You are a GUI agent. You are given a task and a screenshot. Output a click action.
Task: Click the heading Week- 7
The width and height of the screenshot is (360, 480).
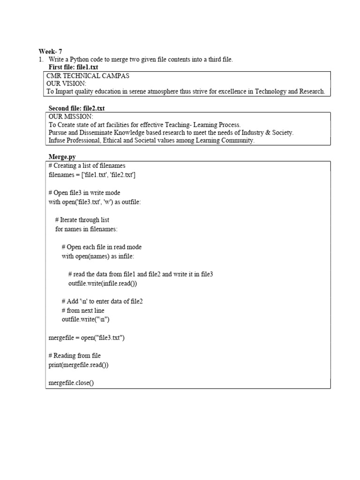(x=50, y=52)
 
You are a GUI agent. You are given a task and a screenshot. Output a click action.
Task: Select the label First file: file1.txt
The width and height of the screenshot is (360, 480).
(x=74, y=67)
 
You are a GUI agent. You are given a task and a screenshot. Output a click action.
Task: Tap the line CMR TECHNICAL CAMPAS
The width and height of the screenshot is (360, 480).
(x=88, y=75)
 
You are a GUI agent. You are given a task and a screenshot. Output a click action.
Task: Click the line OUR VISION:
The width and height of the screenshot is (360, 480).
(x=67, y=83)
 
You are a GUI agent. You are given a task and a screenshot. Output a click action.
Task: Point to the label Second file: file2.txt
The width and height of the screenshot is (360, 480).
(x=77, y=109)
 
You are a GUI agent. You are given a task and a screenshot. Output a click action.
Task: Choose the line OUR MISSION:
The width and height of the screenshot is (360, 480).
(x=71, y=116)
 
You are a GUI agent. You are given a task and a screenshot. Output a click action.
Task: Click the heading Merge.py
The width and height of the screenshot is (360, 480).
(x=62, y=157)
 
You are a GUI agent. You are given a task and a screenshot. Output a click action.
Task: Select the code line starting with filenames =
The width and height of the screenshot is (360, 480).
(x=92, y=175)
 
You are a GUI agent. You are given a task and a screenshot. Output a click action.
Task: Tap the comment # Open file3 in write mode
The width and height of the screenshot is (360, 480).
(x=84, y=193)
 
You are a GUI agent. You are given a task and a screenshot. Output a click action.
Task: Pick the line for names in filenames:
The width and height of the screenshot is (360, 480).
(x=87, y=229)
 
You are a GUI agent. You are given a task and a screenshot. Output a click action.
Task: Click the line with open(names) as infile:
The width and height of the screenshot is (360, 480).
(x=97, y=256)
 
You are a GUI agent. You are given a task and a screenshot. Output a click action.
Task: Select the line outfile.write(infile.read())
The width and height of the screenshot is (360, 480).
(x=103, y=284)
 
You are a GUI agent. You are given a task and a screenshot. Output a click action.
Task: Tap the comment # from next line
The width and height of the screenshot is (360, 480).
(x=83, y=310)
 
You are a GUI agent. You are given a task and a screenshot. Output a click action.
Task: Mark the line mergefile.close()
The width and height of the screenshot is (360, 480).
(x=71, y=383)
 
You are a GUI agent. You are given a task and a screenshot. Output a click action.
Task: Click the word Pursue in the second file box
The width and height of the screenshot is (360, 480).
(x=58, y=133)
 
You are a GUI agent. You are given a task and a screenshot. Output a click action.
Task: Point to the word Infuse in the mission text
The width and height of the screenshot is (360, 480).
(x=57, y=141)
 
